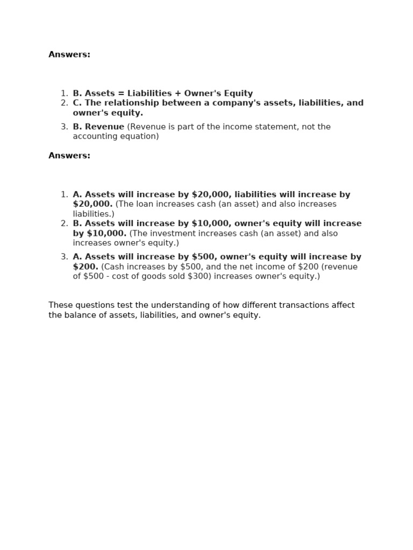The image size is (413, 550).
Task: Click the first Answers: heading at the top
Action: coord(69,54)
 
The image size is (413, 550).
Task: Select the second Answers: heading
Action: coord(69,156)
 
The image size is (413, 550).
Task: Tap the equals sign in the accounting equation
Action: coord(121,93)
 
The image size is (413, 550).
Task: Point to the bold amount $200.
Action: coord(86,267)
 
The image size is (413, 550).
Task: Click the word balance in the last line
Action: coord(78,315)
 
